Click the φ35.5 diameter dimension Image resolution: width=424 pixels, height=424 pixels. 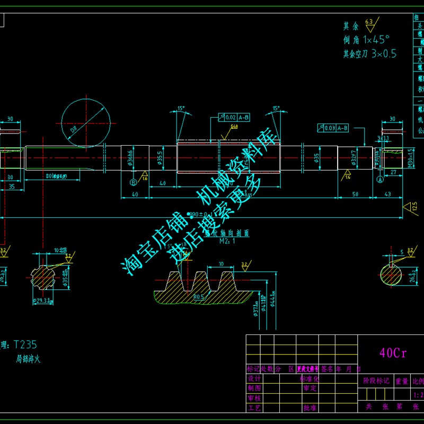tap(160, 158)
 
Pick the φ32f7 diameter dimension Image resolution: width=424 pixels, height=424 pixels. tap(352, 158)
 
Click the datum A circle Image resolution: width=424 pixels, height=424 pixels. tap(379, 180)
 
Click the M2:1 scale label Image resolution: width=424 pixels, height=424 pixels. tap(227, 240)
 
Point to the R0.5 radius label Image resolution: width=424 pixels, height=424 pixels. tap(198, 297)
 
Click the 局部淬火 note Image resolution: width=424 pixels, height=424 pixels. tap(29, 359)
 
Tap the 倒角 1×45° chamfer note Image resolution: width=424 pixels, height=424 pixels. tap(366, 39)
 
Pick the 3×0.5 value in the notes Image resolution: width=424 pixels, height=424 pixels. tap(384, 54)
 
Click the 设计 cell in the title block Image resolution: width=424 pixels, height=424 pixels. tap(254, 378)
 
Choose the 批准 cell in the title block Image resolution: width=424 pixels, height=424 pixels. tap(310, 408)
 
